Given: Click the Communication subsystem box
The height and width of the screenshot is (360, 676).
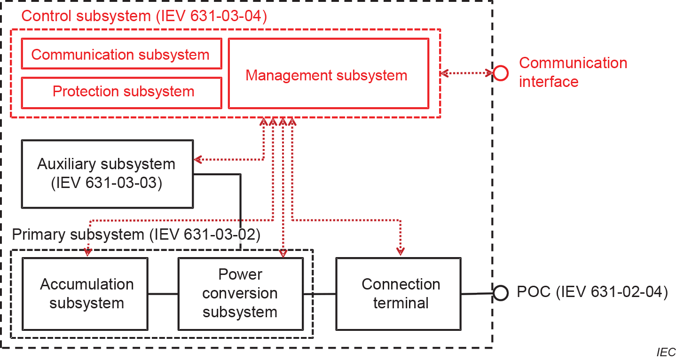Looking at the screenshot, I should [x=121, y=54].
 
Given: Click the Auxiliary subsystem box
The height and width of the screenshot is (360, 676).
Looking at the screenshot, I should [x=107, y=173].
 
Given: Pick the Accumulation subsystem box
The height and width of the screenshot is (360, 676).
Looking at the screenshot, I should [x=87, y=293].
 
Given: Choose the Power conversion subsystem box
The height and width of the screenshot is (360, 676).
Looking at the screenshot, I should [x=240, y=293].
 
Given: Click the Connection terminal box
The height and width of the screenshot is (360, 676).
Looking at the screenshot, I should [x=398, y=293].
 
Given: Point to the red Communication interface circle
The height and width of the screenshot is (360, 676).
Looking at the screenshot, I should [x=500, y=73].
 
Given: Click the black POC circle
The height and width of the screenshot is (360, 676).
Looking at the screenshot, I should [x=500, y=293].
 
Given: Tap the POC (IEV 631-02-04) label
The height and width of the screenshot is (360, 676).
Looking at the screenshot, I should [x=592, y=292].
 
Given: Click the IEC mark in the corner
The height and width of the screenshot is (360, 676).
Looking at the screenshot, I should [x=666, y=352].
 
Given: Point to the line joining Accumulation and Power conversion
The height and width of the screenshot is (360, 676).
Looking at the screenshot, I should [x=163, y=294].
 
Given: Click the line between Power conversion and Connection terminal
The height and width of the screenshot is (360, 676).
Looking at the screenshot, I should [x=319, y=294].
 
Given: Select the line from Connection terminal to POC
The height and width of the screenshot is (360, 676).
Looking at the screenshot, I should [x=477, y=294].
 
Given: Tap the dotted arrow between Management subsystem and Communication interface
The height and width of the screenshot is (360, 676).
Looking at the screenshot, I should [x=467, y=73].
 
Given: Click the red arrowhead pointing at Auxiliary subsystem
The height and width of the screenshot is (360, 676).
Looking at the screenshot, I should [x=198, y=159].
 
